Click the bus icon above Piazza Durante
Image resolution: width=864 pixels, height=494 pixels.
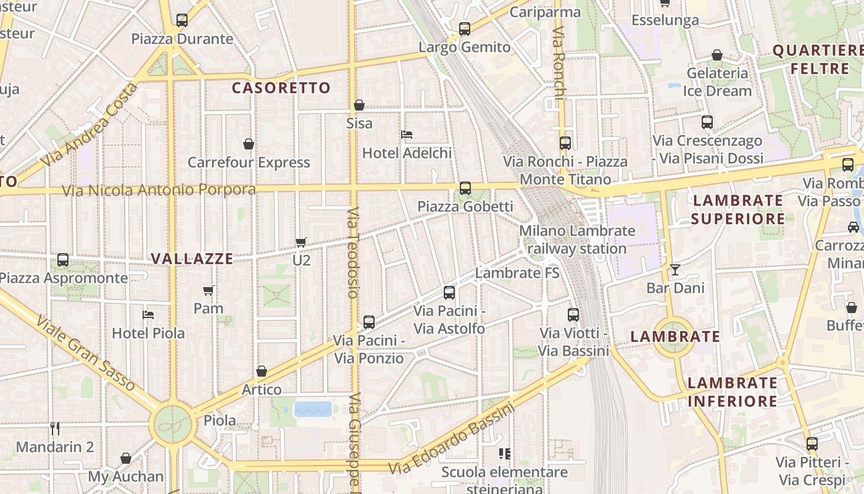pos(181,20)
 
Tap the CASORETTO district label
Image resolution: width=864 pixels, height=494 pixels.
pos(281,88)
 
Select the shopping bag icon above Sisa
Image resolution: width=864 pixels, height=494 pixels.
pos(359,105)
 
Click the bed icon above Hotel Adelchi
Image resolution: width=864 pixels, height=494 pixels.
pos(407,134)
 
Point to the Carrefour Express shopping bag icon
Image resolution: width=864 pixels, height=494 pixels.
pos(249,144)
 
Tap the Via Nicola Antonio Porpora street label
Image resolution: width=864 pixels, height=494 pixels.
pos(159,190)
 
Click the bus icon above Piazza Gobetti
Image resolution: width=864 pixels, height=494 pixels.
pos(465,188)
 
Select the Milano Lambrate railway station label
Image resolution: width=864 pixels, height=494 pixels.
pos(577,240)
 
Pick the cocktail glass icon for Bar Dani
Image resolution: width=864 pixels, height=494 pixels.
pos(675,269)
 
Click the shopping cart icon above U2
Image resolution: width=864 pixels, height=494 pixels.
pos(301,242)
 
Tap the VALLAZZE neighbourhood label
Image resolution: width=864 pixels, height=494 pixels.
pos(192,259)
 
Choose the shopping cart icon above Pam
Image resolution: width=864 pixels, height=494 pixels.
pos(209,290)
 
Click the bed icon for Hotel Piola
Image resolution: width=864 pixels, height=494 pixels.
pos(148,314)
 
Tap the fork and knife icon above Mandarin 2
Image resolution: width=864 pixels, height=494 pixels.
pos(55,428)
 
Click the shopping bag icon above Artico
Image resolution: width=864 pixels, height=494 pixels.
pos(262,371)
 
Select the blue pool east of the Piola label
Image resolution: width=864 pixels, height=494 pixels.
pos(314,409)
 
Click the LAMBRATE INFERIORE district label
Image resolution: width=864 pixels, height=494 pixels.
pos(733,392)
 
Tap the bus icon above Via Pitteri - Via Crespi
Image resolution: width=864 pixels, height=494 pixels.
pos(812,443)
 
